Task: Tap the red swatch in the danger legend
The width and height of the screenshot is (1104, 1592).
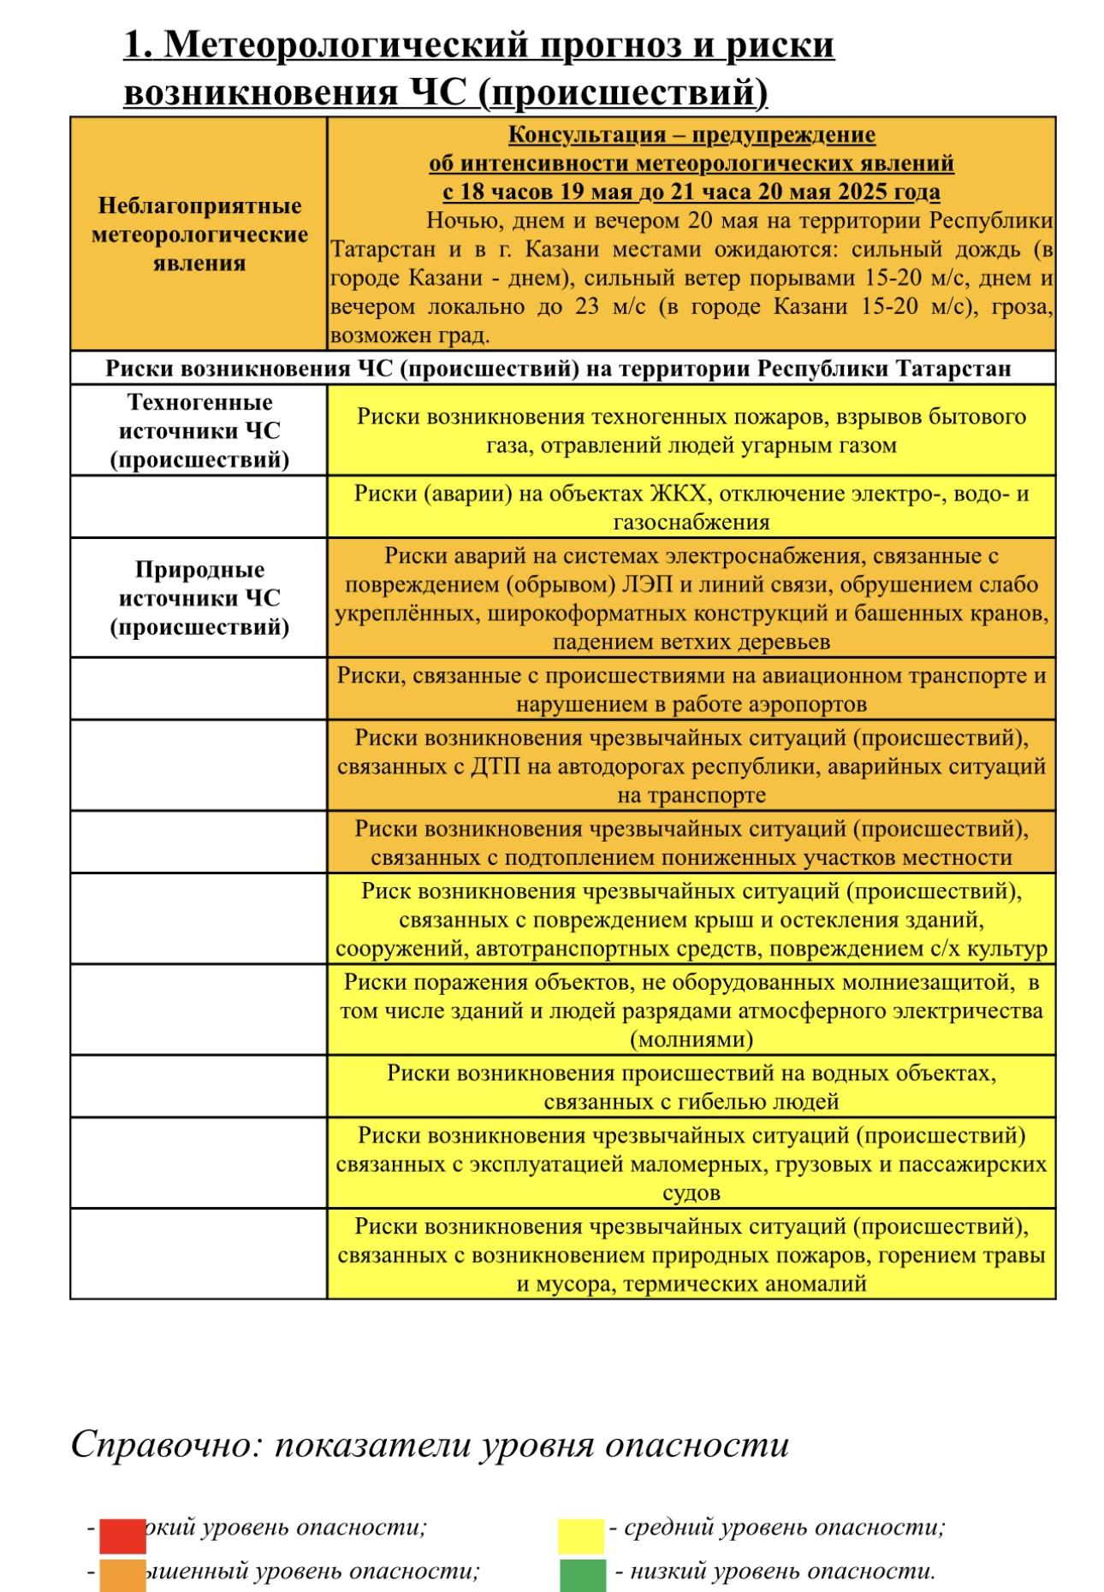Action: [x=122, y=1536]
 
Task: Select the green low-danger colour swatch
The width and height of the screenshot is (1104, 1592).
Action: [x=583, y=1576]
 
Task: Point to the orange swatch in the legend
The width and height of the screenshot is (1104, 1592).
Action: [x=122, y=1576]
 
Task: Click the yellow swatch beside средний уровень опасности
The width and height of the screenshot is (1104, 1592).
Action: [x=580, y=1536]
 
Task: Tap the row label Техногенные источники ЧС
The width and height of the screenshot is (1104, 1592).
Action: [x=199, y=430]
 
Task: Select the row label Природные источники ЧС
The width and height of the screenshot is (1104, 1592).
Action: [x=199, y=598]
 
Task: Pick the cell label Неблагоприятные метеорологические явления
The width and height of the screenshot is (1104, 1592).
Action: [x=199, y=234]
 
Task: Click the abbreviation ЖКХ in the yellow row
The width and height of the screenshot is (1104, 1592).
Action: [x=679, y=494]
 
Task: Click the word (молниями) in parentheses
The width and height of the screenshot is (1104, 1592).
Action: [x=691, y=1039]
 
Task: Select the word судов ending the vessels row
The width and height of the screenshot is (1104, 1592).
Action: [x=691, y=1193]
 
